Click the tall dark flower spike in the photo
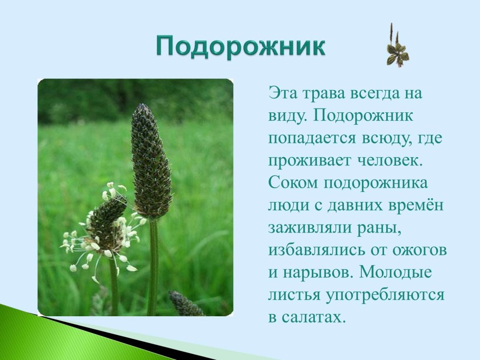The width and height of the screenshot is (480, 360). tap(151, 161)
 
